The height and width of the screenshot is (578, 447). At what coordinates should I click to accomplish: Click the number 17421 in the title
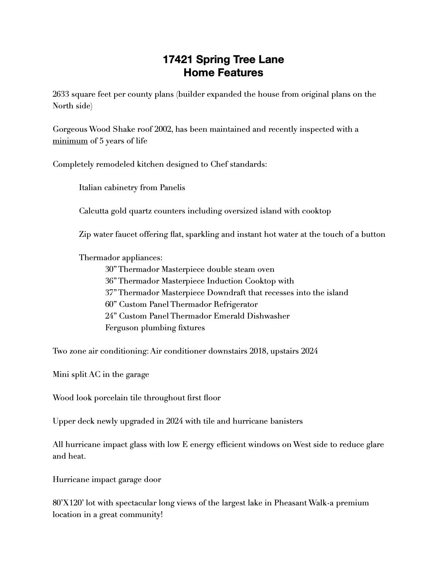click(x=178, y=59)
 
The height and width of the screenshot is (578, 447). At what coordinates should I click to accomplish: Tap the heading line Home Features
click(x=223, y=73)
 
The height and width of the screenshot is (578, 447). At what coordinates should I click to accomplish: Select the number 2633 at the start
click(x=61, y=94)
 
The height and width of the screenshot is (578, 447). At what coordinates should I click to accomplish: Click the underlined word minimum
click(x=70, y=141)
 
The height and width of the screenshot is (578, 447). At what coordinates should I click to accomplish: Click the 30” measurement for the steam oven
click(x=111, y=269)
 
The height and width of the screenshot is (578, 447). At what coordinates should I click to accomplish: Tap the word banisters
click(x=286, y=421)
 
